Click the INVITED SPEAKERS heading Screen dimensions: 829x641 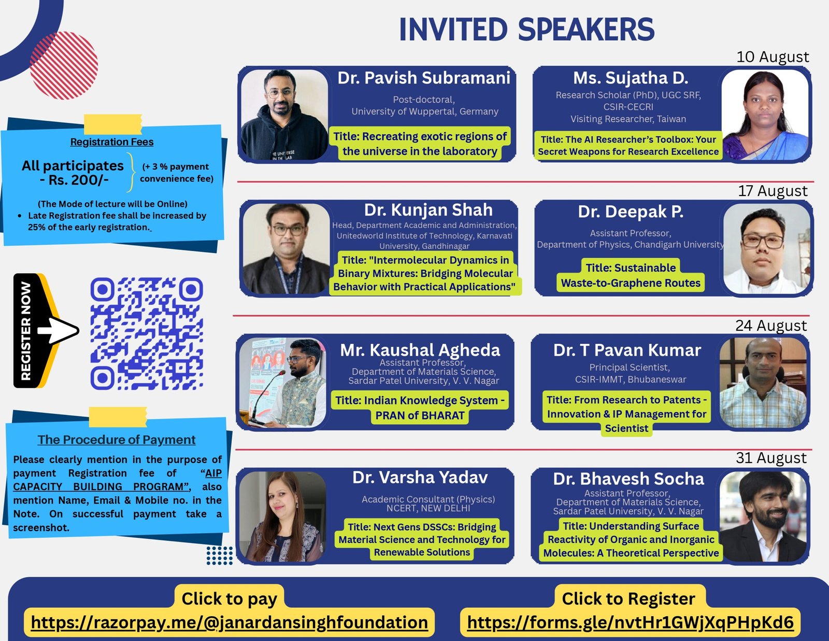point(526,29)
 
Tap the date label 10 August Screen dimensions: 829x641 point(772,57)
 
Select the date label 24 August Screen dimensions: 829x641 point(770,326)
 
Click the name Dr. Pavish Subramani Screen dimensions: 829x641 point(423,78)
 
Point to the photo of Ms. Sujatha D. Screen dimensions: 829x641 point(765,115)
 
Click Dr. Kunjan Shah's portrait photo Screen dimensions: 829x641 point(286,248)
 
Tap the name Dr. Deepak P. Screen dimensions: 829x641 point(630,212)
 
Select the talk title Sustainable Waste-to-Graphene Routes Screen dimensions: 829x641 point(631,275)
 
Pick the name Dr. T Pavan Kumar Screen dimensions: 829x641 point(627,350)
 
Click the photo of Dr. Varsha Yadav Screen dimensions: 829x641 point(283,516)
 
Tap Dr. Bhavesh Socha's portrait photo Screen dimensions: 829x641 point(763,516)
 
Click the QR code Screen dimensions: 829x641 point(147,333)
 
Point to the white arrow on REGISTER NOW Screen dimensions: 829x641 point(58,330)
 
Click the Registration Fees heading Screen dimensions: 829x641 point(112,142)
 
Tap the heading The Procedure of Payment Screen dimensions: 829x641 point(117,440)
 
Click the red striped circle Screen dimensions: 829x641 point(64,65)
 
